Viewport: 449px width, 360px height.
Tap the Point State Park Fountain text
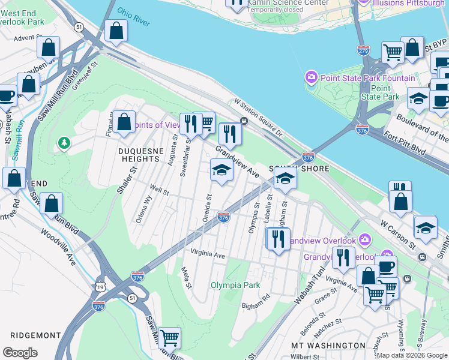pyautogui.click(x=369, y=78)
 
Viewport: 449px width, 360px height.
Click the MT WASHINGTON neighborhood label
pyautogui.click(x=327, y=346)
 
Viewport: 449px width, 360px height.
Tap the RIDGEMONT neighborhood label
pyautogui.click(x=31, y=335)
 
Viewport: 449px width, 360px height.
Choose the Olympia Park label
pyautogui.click(x=235, y=285)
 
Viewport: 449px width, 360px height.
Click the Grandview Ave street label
pyautogui.click(x=237, y=162)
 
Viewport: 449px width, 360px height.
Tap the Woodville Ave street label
pyautogui.click(x=59, y=247)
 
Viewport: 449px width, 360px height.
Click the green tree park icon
pyautogui.click(x=64, y=143)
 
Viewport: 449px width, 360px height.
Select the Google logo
pyautogui.click(x=20, y=352)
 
